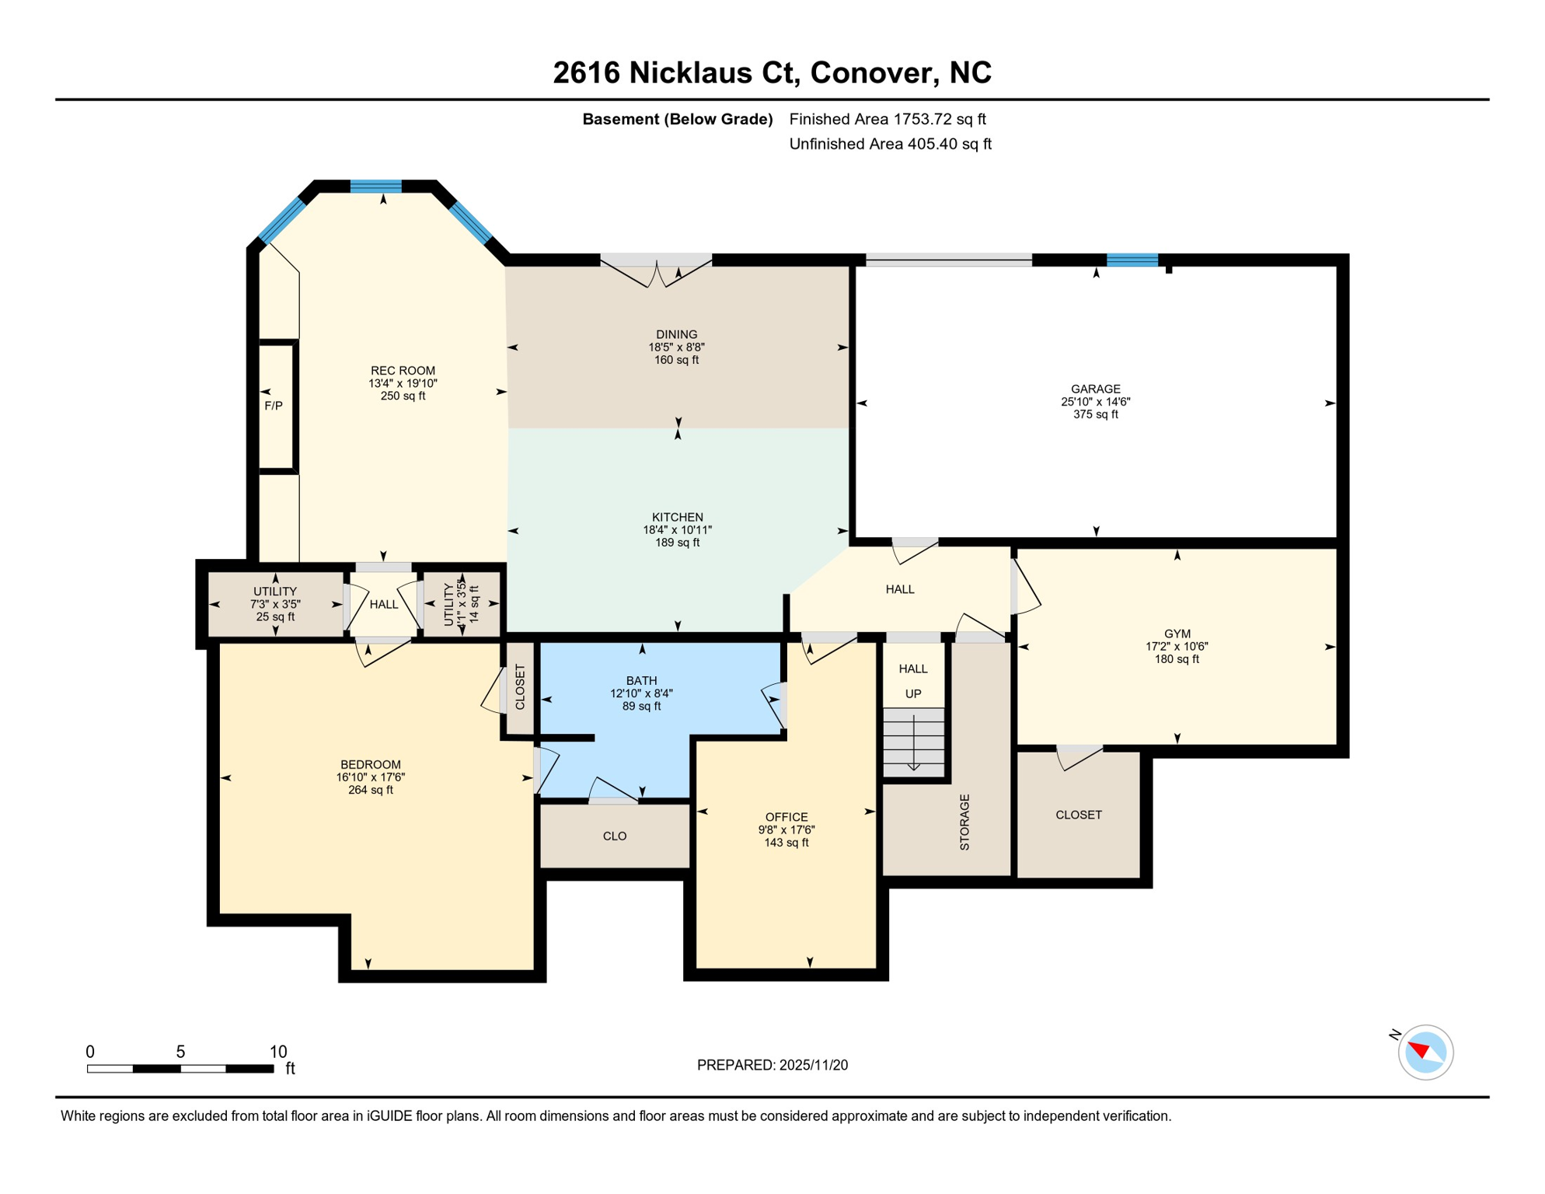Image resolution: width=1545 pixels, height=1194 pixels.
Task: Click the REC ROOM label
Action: tap(403, 371)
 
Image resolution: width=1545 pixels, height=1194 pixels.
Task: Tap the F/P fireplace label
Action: tap(274, 406)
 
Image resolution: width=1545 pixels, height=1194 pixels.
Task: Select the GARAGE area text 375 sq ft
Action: tap(1096, 414)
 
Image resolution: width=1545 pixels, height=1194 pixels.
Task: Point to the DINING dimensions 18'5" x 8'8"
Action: tap(676, 347)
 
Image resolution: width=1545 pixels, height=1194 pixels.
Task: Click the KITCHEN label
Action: tap(677, 517)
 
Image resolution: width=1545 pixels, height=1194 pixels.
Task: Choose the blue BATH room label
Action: tap(641, 680)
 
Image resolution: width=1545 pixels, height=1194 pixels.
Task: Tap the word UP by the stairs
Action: tap(913, 693)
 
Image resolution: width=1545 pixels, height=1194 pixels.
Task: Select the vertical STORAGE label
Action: tap(964, 822)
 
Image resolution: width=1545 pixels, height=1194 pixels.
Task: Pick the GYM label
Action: tap(1177, 634)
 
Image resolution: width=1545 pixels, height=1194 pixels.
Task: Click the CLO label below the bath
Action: tap(615, 836)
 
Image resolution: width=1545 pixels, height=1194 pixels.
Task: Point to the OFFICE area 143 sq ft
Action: tap(786, 843)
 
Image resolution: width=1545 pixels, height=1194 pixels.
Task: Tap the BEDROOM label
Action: tap(371, 764)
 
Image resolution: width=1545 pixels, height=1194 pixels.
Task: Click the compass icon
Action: tap(1425, 1053)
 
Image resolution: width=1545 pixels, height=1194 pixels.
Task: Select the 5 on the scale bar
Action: tap(180, 1052)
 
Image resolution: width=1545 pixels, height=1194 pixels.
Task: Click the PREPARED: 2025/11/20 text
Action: tap(772, 1065)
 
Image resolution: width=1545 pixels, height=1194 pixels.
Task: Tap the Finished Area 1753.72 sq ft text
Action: tap(887, 119)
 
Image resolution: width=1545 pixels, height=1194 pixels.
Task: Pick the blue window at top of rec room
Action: tap(375, 186)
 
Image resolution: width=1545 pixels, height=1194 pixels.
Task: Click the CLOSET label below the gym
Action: tap(1078, 815)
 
